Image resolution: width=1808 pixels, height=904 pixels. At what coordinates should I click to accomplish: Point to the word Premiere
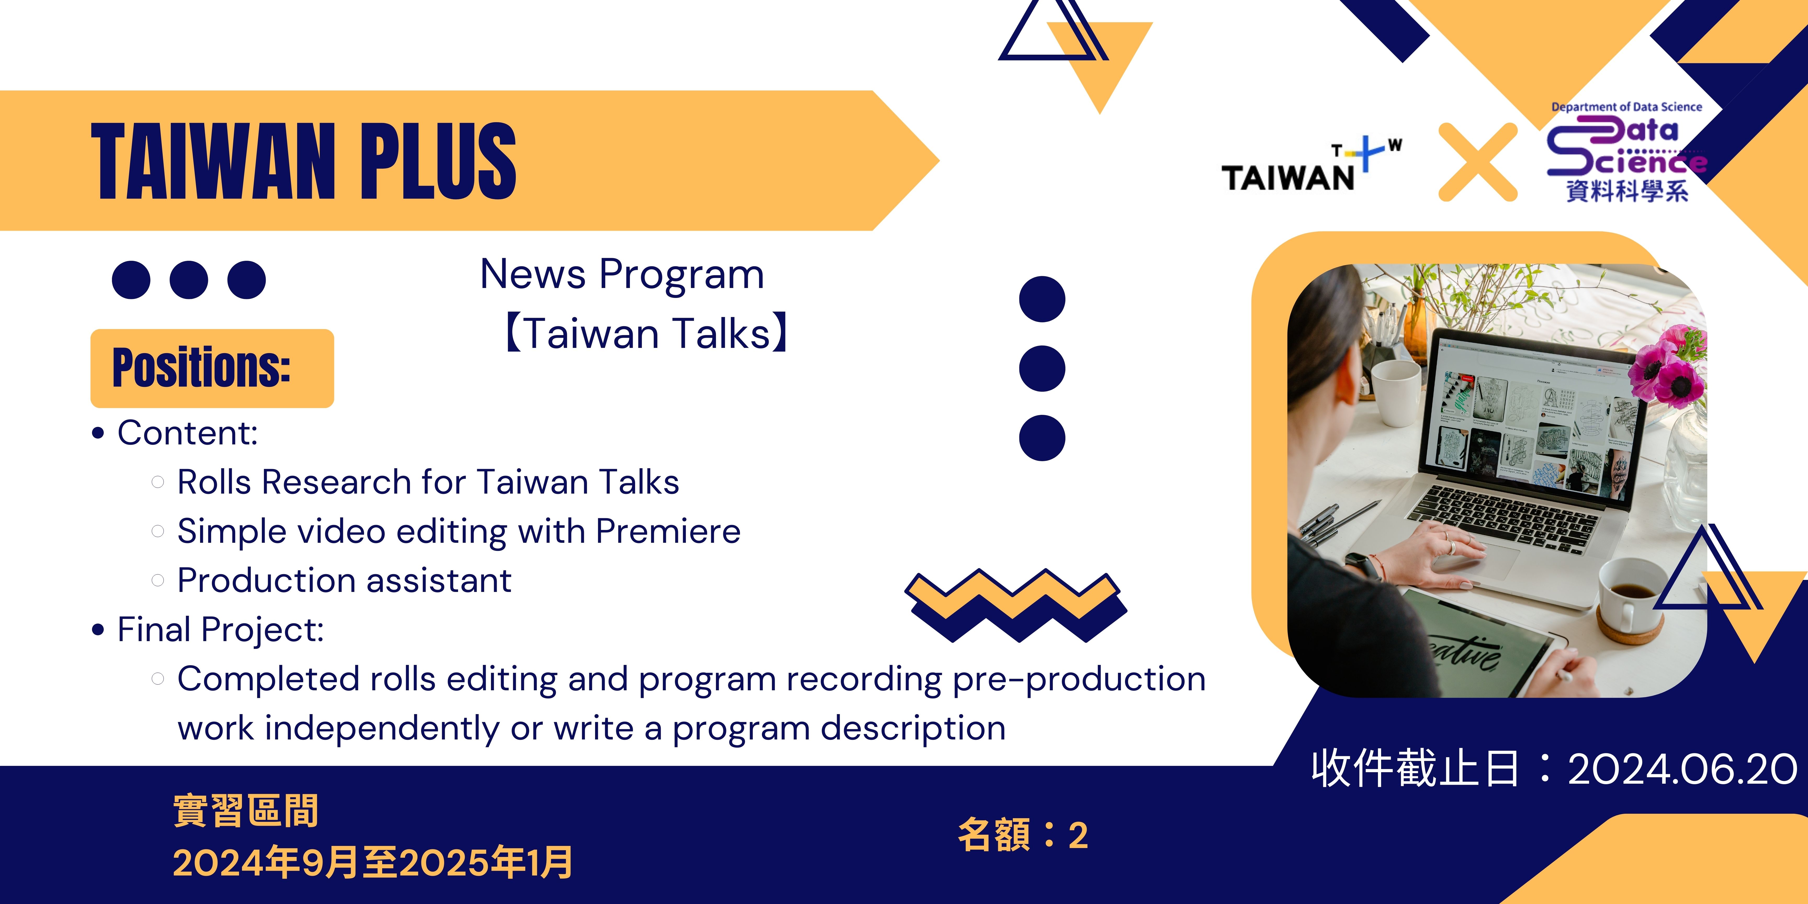point(668,531)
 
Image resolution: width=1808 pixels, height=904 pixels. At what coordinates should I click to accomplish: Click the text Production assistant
point(344,580)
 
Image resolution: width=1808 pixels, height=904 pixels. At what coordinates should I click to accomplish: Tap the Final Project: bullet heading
point(221,630)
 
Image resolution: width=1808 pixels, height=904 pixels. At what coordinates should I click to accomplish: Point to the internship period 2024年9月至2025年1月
point(373,863)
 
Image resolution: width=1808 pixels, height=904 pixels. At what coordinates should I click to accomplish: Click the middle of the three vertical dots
point(1042,369)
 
